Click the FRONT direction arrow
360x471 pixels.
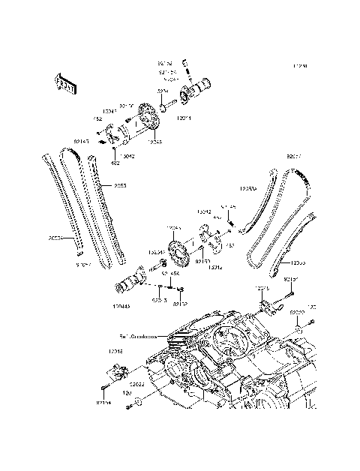[67, 84]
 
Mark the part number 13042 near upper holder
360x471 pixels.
[128, 156]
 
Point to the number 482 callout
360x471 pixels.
[115, 162]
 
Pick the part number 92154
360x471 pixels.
[103, 403]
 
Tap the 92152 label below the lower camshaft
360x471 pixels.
[180, 304]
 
